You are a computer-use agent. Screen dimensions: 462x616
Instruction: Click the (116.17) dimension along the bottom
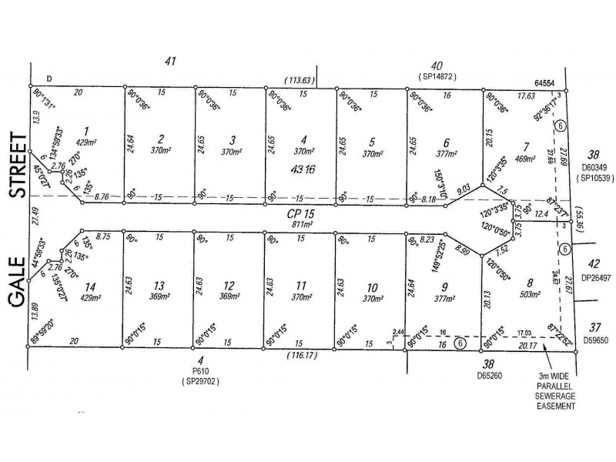pyautogui.click(x=301, y=357)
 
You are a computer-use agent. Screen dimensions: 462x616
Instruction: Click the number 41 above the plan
pyautogui.click(x=171, y=60)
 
